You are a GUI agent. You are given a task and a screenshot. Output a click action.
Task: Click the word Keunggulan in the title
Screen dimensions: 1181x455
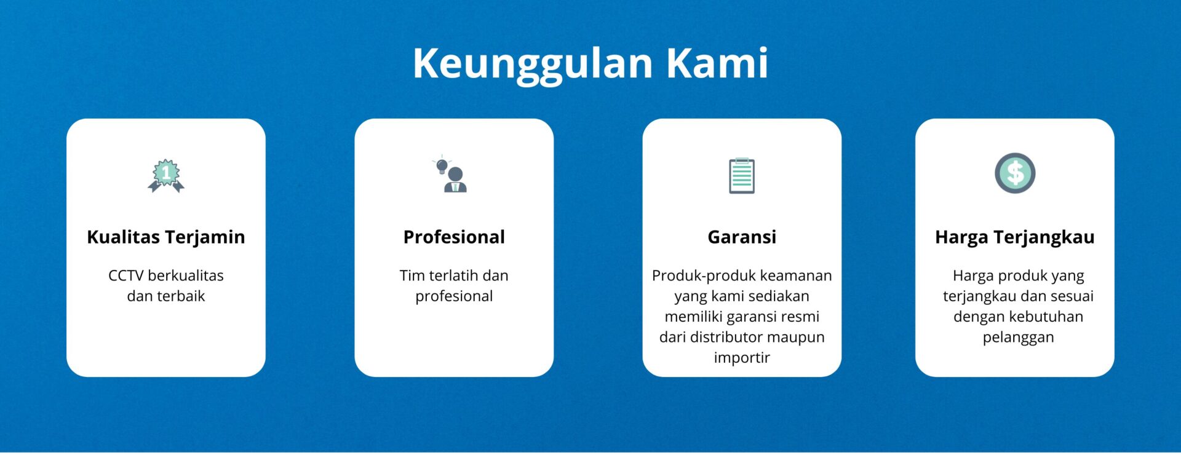point(533,64)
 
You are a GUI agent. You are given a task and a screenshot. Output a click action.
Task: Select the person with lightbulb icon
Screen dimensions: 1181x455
point(450,174)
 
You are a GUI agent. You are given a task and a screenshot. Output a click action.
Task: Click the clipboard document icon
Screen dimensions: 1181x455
point(742,176)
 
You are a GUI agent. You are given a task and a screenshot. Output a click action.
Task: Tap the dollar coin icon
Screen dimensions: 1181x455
point(1015,173)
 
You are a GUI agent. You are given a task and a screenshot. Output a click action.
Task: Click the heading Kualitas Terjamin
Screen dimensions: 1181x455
point(166,237)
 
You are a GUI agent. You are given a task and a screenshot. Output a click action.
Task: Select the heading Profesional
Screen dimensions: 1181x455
point(454,237)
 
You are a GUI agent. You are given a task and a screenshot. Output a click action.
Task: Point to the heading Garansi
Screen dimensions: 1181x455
point(742,237)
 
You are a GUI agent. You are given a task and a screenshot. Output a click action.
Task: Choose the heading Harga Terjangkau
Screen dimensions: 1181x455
point(1015,237)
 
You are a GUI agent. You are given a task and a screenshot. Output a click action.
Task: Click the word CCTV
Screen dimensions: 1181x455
point(126,275)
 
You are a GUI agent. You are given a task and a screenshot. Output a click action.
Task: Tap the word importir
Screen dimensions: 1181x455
point(742,358)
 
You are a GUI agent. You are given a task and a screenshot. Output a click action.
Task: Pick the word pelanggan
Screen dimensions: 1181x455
point(1018,338)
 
